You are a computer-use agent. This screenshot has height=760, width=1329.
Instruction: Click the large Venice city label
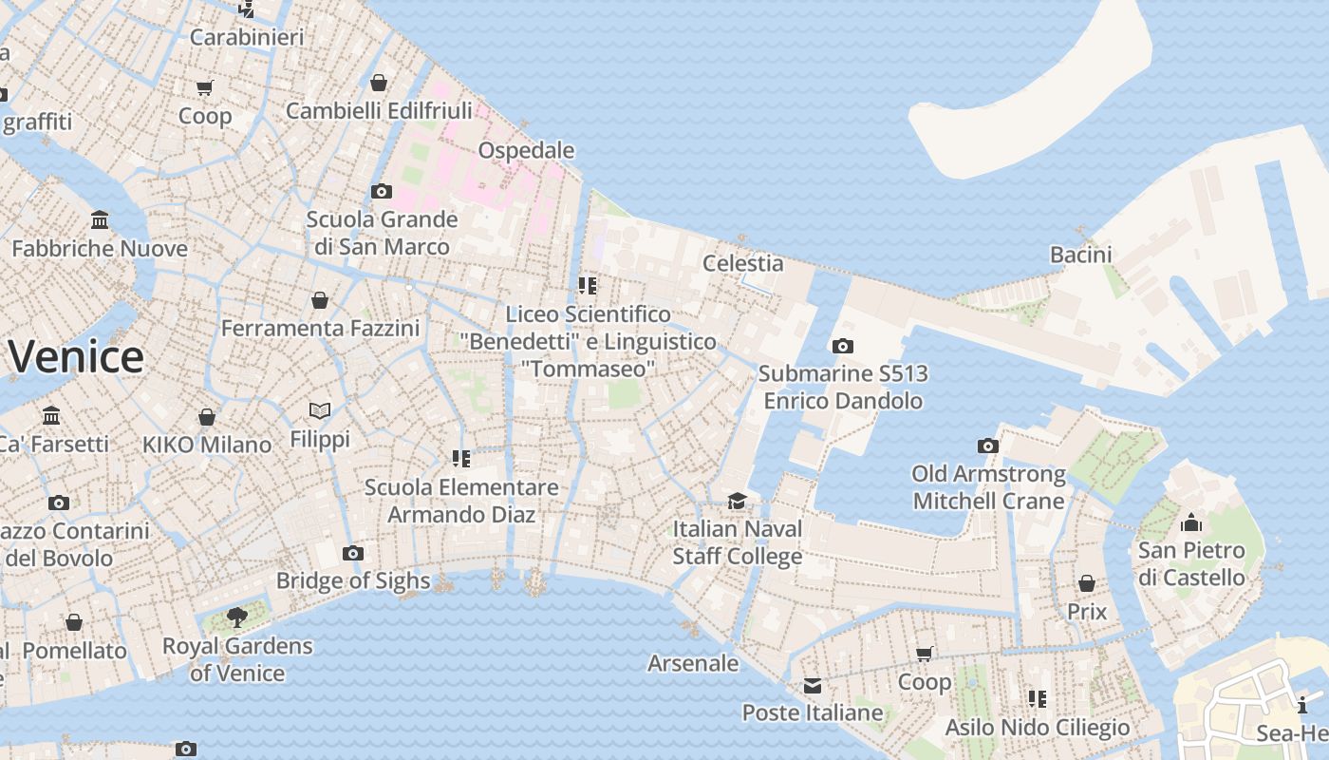76,357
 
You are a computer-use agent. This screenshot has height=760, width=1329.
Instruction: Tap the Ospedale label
526,150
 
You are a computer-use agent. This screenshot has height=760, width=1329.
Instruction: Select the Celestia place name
742,263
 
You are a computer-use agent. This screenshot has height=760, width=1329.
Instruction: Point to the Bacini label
1080,255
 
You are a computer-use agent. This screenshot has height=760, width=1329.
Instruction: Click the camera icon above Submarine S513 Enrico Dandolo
842,347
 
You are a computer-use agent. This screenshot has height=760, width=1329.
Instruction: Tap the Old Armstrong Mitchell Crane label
988,487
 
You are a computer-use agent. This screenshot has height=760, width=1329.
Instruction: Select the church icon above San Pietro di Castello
1191,523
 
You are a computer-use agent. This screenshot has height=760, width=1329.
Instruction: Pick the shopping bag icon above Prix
1087,583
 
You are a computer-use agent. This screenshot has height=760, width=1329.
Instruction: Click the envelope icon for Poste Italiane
812,686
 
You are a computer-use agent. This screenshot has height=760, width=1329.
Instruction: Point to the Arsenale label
692,663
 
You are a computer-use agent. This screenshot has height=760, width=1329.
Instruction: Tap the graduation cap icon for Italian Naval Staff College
737,502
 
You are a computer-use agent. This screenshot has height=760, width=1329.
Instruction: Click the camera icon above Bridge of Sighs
352,554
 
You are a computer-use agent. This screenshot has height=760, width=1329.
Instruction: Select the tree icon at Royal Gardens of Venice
237,618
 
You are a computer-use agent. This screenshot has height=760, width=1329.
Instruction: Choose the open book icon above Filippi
320,411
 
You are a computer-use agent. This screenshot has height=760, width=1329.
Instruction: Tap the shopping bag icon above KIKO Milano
206,417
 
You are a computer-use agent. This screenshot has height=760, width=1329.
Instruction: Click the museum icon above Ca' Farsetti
51,416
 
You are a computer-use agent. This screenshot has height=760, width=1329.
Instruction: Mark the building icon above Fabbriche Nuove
100,221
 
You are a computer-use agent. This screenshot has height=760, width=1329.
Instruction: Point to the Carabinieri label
247,37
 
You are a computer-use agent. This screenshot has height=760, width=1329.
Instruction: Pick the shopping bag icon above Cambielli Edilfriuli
379,84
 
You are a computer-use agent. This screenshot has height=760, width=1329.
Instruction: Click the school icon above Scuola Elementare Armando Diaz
461,460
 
